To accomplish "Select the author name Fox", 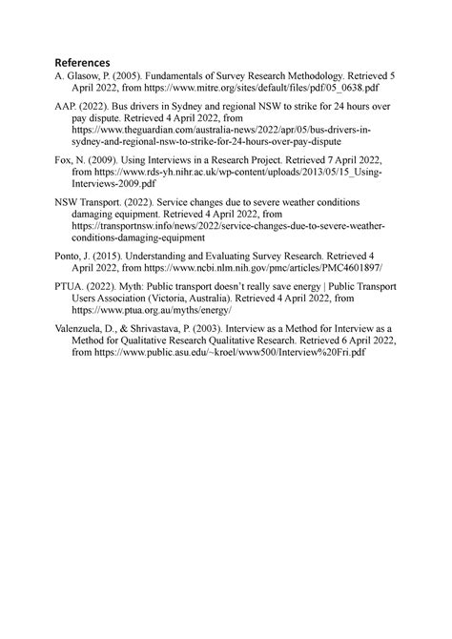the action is (x=64, y=159).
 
